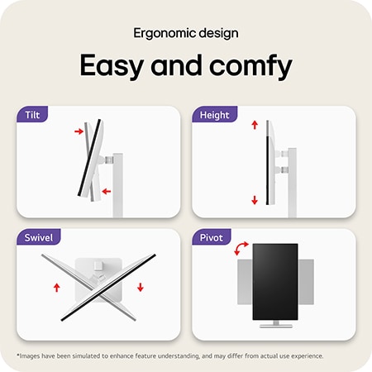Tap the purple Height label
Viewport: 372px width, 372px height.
[214, 115]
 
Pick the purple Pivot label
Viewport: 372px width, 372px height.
[212, 238]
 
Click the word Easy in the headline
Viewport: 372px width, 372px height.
[112, 65]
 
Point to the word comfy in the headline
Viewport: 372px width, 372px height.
[251, 67]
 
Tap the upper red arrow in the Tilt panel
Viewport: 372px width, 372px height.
[79, 130]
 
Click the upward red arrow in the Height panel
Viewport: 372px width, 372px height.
[254, 123]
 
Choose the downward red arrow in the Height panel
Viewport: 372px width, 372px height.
[254, 199]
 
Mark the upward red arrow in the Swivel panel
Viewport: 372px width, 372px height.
[56, 288]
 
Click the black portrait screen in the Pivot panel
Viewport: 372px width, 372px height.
[274, 281]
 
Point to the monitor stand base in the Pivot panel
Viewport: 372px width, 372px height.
[274, 326]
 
